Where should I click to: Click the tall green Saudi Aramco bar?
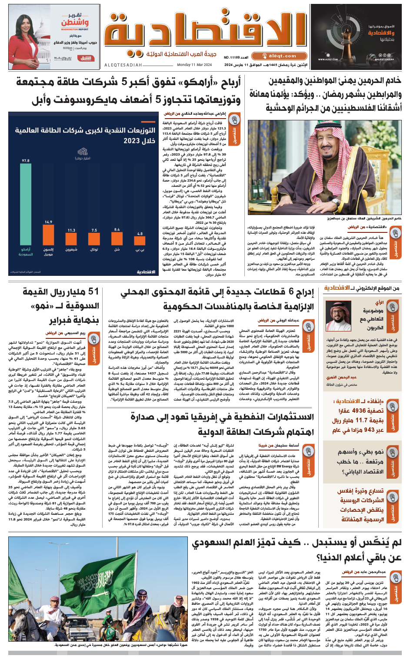(x=26, y=205)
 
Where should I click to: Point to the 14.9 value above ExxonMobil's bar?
(x=48, y=222)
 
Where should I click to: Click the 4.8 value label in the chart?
(x=140, y=234)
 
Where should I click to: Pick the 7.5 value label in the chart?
(x=94, y=230)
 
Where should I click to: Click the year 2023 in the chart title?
(x=131, y=141)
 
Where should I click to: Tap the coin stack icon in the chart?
(x=83, y=152)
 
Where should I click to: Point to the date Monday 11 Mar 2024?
(x=194, y=65)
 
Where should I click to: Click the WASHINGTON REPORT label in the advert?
(x=75, y=30)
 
